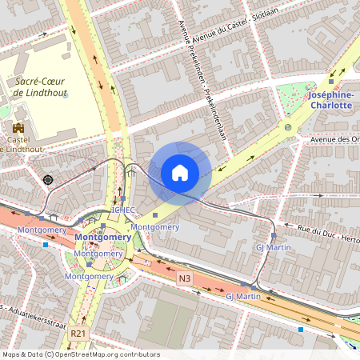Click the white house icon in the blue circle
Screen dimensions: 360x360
tap(180, 173)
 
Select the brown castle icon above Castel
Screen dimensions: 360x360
tap(18, 127)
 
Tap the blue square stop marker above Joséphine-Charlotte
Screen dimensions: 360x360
tap(331, 81)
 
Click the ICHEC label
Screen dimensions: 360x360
tap(123, 210)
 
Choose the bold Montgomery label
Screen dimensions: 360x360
tap(102, 238)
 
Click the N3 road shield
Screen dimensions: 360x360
tap(185, 278)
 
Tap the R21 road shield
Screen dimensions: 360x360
tap(77, 333)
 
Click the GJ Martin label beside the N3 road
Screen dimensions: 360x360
tap(243, 297)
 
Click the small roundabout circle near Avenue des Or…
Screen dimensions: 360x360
tap(288, 127)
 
